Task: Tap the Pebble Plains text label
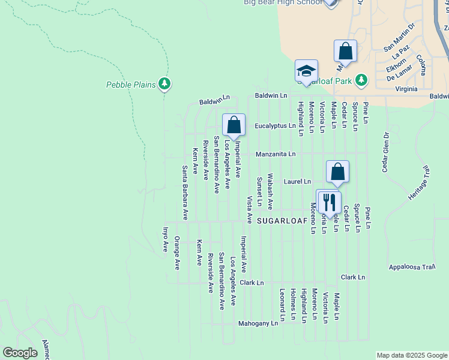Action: tap(131, 85)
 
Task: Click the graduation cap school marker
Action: tap(306, 71)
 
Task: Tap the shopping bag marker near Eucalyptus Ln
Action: tap(234, 125)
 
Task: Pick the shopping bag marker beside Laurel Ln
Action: tap(338, 171)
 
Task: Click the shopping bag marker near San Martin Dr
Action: tap(346, 51)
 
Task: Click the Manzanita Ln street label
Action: tap(276, 154)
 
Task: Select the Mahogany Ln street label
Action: tap(258, 323)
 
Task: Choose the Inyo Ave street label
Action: tap(165, 239)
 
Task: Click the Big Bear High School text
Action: tap(282, 3)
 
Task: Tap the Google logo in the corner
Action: tap(20, 352)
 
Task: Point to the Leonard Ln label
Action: tap(282, 304)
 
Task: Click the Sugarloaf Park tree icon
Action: tap(361, 80)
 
